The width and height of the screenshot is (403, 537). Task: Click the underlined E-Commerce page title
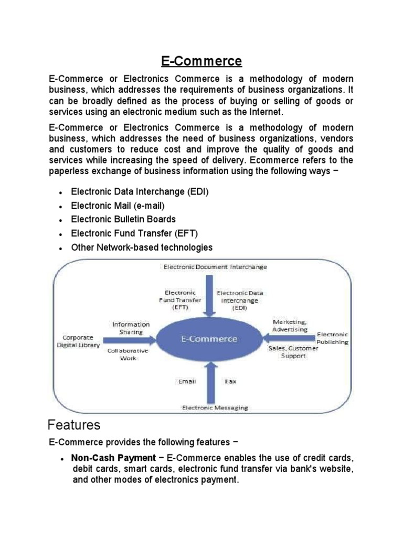[201, 61]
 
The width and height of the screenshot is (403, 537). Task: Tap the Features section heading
[74, 424]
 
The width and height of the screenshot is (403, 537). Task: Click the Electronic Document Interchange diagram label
[215, 267]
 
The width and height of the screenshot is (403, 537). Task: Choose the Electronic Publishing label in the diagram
[332, 338]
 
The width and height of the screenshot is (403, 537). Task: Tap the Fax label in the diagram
[230, 381]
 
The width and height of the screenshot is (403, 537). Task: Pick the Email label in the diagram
[187, 381]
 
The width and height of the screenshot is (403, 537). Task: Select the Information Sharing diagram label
[131, 328]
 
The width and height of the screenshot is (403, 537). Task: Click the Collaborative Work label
[128, 354]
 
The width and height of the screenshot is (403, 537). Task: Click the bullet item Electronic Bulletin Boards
[123, 219]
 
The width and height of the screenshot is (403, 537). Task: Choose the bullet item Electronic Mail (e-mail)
[118, 206]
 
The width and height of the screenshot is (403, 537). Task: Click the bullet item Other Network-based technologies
[142, 247]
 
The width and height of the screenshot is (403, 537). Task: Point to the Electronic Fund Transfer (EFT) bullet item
[135, 233]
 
